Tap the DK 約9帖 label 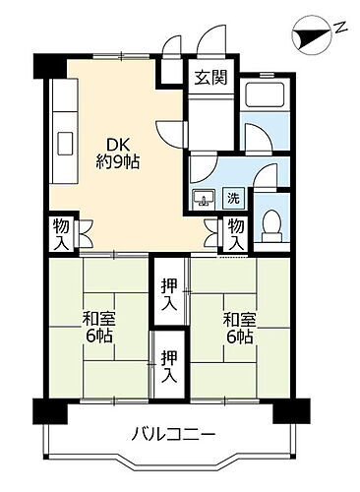(x=117, y=152)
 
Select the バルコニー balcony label (x=173, y=434)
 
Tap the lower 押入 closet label (x=169, y=366)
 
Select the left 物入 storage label (x=59, y=234)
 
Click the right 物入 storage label (x=237, y=235)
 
